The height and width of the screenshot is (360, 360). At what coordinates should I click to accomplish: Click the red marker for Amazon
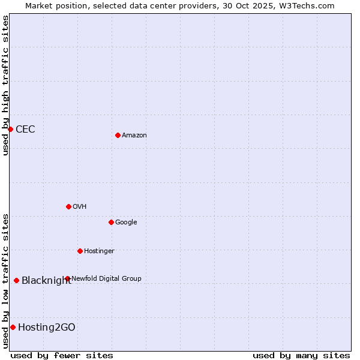[x=118, y=135]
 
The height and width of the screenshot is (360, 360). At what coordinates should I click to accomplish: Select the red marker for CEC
[x=10, y=129]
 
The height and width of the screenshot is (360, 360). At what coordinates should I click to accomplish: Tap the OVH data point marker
[x=68, y=206]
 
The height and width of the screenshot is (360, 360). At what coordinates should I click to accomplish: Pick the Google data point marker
[x=111, y=222]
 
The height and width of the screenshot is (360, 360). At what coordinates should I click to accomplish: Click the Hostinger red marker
[x=80, y=251]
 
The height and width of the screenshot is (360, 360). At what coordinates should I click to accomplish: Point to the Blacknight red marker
[x=16, y=280]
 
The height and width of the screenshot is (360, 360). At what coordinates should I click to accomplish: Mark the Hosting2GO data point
[x=13, y=327]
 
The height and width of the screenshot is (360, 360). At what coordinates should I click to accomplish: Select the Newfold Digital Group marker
[x=67, y=278]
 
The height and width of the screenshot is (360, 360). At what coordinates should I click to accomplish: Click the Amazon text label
[x=134, y=136]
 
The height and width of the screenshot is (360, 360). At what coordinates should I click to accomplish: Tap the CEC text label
[x=25, y=130]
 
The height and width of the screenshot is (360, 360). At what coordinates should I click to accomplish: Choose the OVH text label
[x=80, y=207]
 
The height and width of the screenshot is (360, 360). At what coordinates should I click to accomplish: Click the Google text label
[x=126, y=223]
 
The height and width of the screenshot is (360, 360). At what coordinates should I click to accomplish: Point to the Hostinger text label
[x=99, y=251]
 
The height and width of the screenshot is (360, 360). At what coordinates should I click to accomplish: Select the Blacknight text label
[x=46, y=281]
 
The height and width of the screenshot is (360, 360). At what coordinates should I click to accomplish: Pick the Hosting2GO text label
[x=47, y=328]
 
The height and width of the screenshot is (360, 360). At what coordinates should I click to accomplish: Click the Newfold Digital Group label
[x=106, y=278]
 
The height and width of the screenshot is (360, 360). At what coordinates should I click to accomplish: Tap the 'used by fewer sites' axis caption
[x=62, y=355]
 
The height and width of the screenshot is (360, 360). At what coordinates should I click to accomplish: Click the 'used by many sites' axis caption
[x=301, y=355]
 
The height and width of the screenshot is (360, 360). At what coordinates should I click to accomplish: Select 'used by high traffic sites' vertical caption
[x=5, y=85]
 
